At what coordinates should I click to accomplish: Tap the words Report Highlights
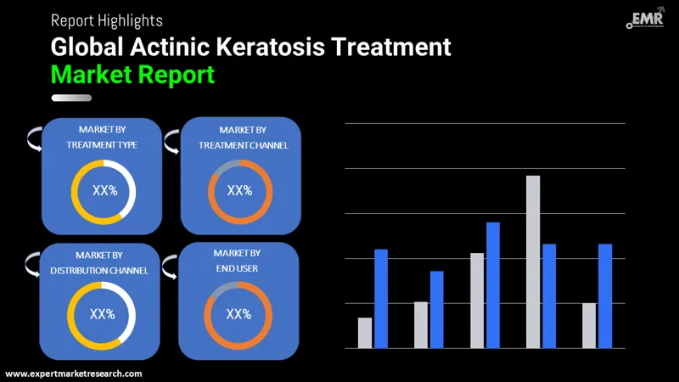pyautogui.click(x=107, y=20)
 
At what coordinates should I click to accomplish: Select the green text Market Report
pyautogui.click(x=132, y=75)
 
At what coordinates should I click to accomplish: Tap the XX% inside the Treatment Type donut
pyautogui.click(x=104, y=191)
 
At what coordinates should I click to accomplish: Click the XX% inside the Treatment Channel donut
pyautogui.click(x=239, y=190)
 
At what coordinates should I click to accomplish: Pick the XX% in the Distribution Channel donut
pyautogui.click(x=102, y=314)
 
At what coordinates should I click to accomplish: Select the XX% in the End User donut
pyautogui.click(x=238, y=314)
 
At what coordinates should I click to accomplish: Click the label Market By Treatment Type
pyautogui.click(x=102, y=137)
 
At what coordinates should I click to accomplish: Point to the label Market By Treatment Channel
pyautogui.click(x=243, y=137)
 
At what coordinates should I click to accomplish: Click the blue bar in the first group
pyautogui.click(x=381, y=298)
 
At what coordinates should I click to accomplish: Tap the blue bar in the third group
pyautogui.click(x=492, y=284)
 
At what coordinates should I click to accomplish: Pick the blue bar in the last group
pyautogui.click(x=605, y=295)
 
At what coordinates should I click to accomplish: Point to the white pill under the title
pyautogui.click(x=71, y=98)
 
